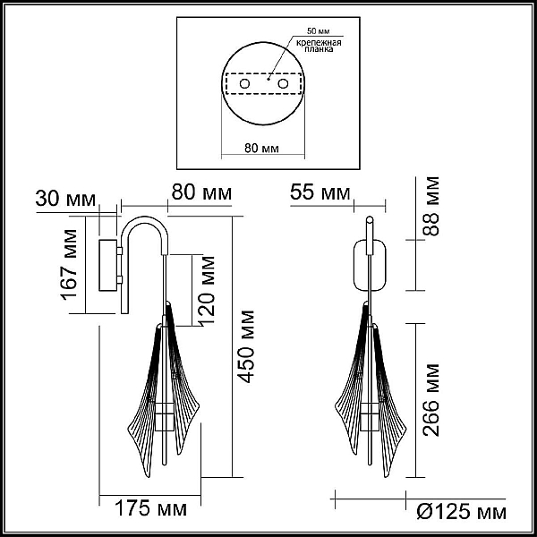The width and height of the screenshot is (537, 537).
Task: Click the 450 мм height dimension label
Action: (247, 346)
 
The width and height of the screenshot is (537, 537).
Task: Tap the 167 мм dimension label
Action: (69, 265)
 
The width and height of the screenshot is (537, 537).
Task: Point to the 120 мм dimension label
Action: (207, 290)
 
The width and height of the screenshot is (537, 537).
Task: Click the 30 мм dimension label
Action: (65, 199)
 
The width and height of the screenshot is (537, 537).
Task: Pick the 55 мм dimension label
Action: (320, 192)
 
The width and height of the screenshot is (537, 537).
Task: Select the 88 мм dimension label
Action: (430, 206)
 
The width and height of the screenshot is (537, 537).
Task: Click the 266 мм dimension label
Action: (430, 400)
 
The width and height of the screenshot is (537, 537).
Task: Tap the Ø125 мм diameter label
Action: (461, 512)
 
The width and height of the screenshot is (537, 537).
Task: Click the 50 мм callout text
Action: (318, 31)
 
